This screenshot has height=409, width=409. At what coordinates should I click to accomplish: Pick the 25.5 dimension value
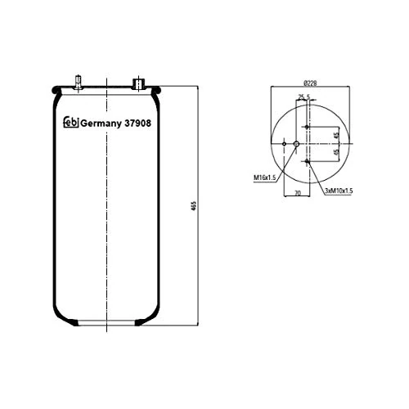pyautogui.click(x=303, y=98)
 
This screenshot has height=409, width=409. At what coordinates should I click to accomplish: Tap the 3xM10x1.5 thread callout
pyautogui.click(x=338, y=190)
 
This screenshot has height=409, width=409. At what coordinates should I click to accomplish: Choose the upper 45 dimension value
pyautogui.click(x=335, y=135)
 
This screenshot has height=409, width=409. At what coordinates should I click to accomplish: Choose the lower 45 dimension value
pyautogui.click(x=335, y=152)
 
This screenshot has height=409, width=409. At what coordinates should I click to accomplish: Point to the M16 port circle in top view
pyautogui.click(x=296, y=144)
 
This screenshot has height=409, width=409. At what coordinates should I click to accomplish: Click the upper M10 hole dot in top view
pyautogui.click(x=306, y=128)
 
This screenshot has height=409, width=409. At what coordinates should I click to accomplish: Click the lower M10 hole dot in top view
pyautogui.click(x=306, y=161)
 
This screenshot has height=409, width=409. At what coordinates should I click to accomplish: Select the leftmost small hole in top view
pyautogui.click(x=283, y=144)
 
